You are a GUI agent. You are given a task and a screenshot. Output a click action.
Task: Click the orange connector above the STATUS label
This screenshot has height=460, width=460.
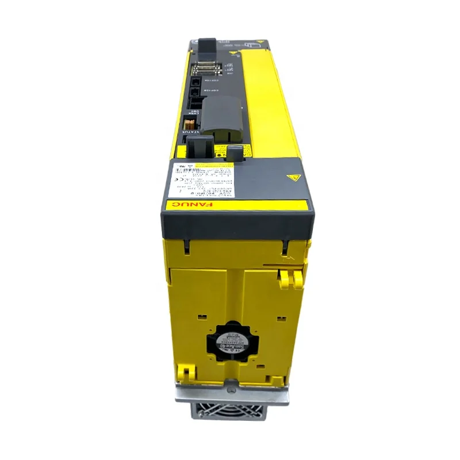click(x=187, y=122)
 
